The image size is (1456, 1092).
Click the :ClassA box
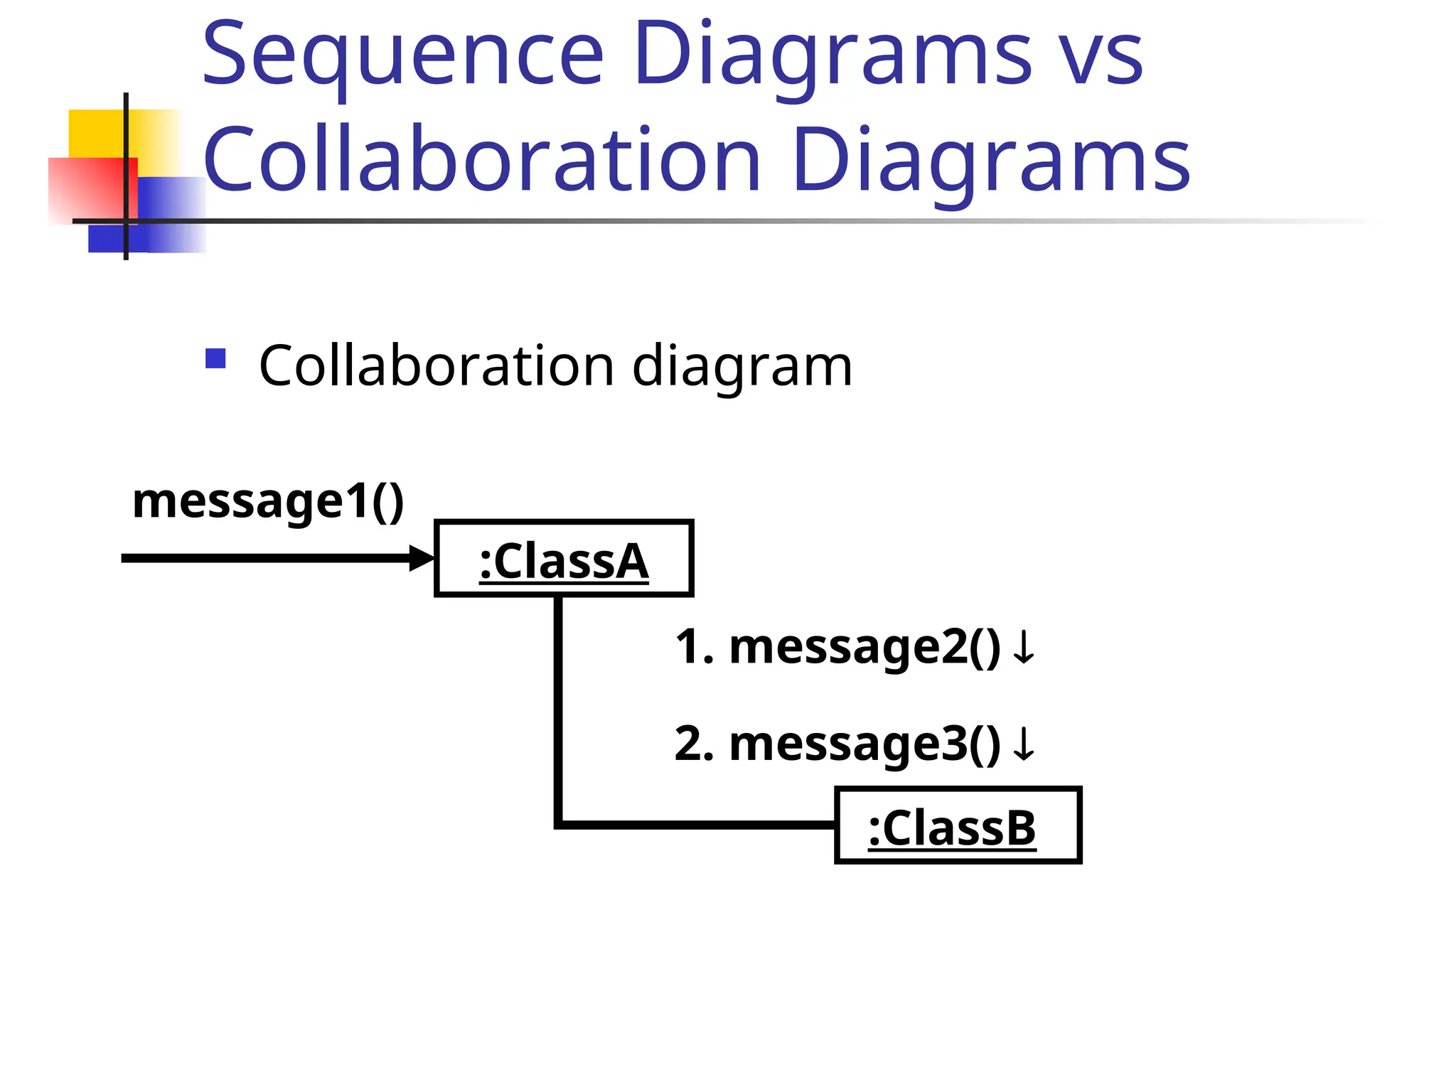(x=564, y=559)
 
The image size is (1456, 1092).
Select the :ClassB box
(x=958, y=825)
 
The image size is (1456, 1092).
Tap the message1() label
(x=268, y=501)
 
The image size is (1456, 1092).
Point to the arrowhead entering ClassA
(x=422, y=558)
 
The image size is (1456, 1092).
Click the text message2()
(x=864, y=648)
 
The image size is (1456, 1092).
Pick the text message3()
(x=864, y=744)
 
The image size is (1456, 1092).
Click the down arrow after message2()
(x=1024, y=648)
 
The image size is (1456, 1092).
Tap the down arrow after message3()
(x=1024, y=744)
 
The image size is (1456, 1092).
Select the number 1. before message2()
(x=694, y=648)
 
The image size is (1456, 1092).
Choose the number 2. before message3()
(x=694, y=744)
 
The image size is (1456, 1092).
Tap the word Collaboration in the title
(x=481, y=159)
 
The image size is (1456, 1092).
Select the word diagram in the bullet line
(x=742, y=366)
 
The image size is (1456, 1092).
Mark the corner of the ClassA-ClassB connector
(x=559, y=825)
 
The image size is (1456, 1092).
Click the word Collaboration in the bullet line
(x=436, y=366)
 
